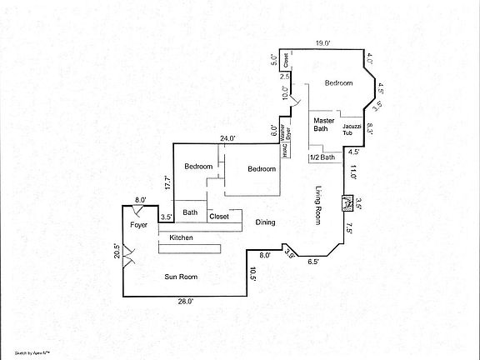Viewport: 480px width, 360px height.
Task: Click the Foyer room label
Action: click(139, 226)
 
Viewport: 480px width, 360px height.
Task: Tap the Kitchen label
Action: click(182, 238)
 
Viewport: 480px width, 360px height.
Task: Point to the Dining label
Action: click(265, 222)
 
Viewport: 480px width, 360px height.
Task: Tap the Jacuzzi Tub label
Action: click(352, 129)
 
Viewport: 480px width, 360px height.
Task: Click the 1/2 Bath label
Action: click(322, 157)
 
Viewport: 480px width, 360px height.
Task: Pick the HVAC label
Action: click(284, 149)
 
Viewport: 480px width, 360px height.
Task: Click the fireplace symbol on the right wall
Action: click(347, 202)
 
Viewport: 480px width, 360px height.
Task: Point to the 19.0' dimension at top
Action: click(323, 42)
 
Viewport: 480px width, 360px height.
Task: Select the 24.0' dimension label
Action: click(227, 137)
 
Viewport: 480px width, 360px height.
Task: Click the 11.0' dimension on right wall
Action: click(353, 172)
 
